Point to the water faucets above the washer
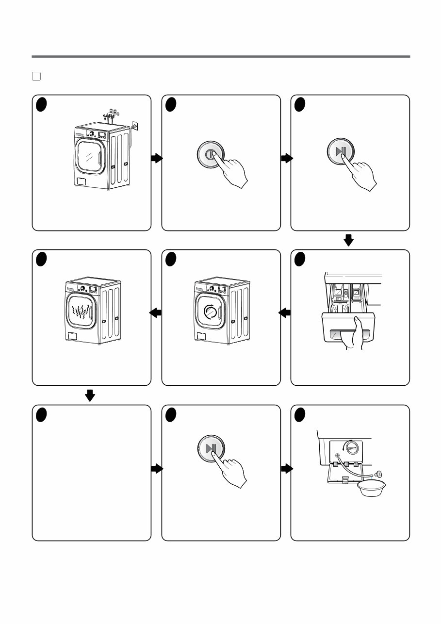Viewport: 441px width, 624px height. click(x=113, y=115)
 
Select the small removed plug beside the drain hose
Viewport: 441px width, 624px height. click(x=379, y=474)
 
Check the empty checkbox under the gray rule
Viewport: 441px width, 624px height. click(x=36, y=76)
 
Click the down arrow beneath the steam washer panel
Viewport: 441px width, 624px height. click(x=90, y=396)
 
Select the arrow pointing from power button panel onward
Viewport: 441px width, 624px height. click(x=287, y=158)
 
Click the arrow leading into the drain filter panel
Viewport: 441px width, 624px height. click(x=287, y=468)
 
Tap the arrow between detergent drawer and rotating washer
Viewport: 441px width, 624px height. click(x=285, y=313)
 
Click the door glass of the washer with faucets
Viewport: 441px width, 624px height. click(x=90, y=157)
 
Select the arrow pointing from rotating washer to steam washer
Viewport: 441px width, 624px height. click(x=156, y=313)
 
